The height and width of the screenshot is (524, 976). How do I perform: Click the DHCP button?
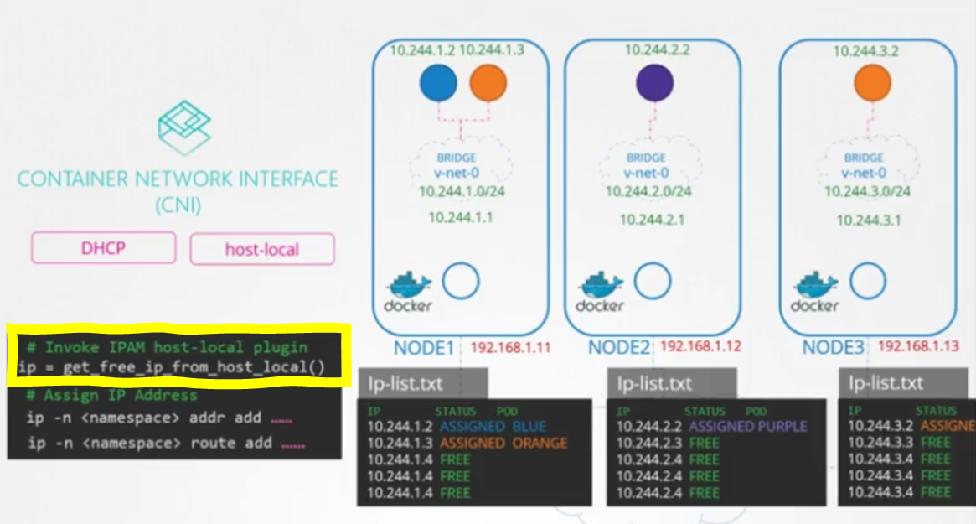coord(103,248)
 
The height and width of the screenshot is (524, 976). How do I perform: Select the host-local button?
coord(262,249)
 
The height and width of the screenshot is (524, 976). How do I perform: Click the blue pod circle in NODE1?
coord(438,84)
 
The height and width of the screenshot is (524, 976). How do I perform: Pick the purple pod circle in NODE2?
coord(654,84)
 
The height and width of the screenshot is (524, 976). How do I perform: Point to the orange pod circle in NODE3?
coord(871,84)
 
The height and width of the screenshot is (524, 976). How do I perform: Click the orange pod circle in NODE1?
coord(488,84)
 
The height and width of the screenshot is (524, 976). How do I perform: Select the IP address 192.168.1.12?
coord(700,346)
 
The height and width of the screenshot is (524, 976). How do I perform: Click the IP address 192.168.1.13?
coord(918,346)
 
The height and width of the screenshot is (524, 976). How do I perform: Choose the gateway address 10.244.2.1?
coord(652,220)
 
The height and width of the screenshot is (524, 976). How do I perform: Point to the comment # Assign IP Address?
coord(111,395)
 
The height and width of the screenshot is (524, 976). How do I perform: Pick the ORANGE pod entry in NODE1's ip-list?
coord(540,443)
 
